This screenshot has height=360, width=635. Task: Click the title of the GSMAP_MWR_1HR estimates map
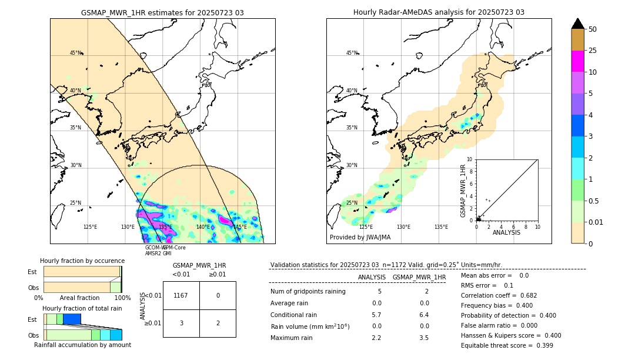tap(162, 12)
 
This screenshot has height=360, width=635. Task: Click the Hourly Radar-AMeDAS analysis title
tap(439, 12)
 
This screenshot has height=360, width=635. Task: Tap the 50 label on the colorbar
tap(593, 29)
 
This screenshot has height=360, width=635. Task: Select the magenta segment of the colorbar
tap(578, 61)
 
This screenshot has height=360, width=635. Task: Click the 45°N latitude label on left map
tap(76, 53)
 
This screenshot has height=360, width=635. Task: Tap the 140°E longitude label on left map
tap(203, 227)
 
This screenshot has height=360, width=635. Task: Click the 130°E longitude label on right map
tap(403, 227)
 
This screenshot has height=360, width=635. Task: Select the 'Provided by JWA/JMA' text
tap(360, 238)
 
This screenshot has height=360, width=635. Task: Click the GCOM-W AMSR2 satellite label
tap(153, 251)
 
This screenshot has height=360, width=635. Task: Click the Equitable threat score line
tap(507, 345)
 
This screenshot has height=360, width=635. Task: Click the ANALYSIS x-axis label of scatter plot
tap(506, 232)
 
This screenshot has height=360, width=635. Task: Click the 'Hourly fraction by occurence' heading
tap(82, 261)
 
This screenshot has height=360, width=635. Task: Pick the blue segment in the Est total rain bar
tap(72, 319)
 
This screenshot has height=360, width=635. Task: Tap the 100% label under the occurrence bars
tap(122, 298)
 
